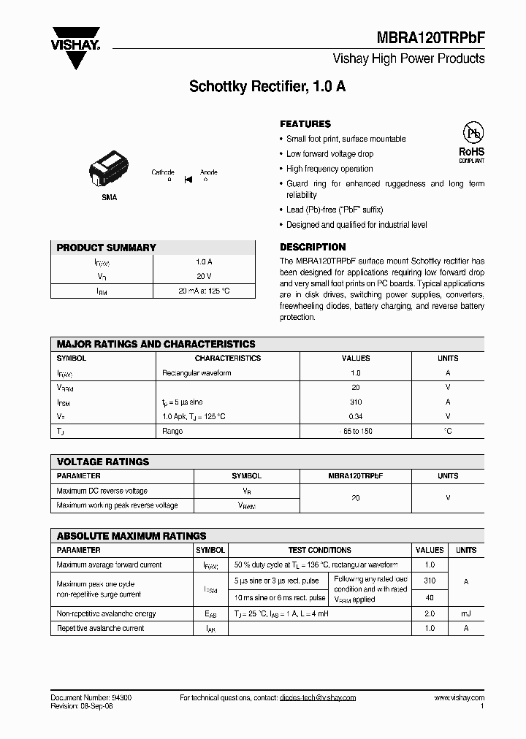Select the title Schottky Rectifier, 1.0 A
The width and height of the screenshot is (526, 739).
tap(267, 86)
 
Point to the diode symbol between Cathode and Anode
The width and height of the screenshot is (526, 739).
tap(188, 178)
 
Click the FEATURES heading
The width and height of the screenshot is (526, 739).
tap(305, 124)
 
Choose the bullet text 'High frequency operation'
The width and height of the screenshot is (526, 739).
tap(329, 169)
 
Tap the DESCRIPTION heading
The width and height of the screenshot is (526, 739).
tap(313, 247)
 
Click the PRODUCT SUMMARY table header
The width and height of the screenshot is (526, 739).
tap(107, 248)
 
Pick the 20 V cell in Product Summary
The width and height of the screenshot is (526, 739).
tap(204, 276)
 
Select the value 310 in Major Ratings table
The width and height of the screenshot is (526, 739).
tap(356, 402)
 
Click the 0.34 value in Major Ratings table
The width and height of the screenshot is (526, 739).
tap(356, 416)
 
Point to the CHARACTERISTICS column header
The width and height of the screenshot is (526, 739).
tap(227, 359)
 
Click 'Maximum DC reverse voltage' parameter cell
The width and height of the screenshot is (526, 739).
tap(102, 491)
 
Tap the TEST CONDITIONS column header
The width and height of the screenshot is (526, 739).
tap(319, 550)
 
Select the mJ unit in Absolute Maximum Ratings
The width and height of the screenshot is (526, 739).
tap(465, 613)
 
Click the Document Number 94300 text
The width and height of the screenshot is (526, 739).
tap(91, 698)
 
